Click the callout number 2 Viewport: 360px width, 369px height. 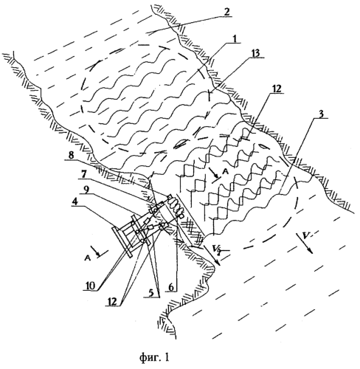(226, 13)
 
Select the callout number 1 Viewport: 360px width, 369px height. (235, 38)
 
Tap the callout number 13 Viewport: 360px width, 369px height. (256, 54)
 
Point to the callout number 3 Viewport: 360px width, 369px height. (321, 114)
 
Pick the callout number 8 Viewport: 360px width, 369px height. (71, 156)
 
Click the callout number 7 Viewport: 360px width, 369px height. (85, 175)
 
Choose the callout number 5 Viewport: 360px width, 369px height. (151, 293)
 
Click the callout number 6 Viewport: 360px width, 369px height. (171, 286)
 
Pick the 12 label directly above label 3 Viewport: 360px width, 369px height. (276, 89)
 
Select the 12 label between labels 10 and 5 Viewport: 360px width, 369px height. (112, 302)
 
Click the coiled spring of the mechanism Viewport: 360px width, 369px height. (175, 205)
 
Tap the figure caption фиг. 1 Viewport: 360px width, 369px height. (154, 357)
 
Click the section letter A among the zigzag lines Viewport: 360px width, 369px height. (225, 172)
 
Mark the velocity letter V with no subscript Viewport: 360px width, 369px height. (305, 236)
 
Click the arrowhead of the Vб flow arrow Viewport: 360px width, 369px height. (218, 263)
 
